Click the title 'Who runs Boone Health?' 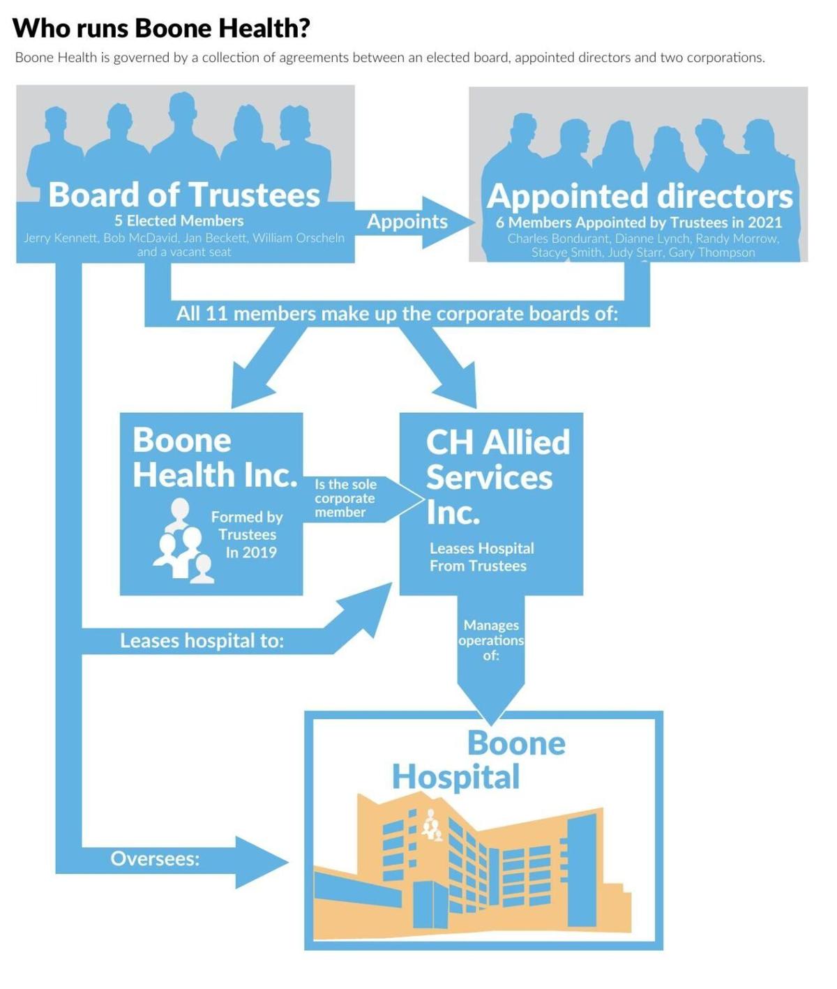[161, 29]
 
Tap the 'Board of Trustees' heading [184, 195]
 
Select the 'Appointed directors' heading [640, 197]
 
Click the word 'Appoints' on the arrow [407, 222]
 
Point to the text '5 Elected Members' [179, 221]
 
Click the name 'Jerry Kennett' [61, 238]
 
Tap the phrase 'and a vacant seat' [184, 252]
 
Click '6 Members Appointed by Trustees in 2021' [639, 222]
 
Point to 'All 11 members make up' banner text [397, 314]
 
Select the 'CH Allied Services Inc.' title [497, 477]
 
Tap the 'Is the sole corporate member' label [345, 498]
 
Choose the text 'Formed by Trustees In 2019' [248, 535]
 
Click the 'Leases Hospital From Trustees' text [481, 557]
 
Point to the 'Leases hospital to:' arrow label [202, 641]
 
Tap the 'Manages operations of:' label [491, 640]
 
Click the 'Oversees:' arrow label [155, 859]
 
